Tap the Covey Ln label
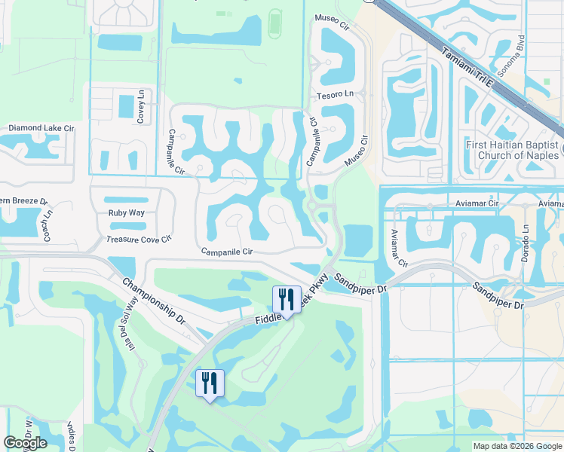[141, 106]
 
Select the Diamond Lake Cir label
[41, 129]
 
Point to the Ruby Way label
[126, 212]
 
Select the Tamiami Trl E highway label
[467, 69]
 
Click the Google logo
[25, 443]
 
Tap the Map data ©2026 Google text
[517, 446]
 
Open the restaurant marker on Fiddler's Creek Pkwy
[287, 300]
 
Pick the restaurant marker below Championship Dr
[209, 383]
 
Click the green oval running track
[275, 23]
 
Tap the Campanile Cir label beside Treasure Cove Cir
[225, 252]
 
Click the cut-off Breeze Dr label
[23, 202]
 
